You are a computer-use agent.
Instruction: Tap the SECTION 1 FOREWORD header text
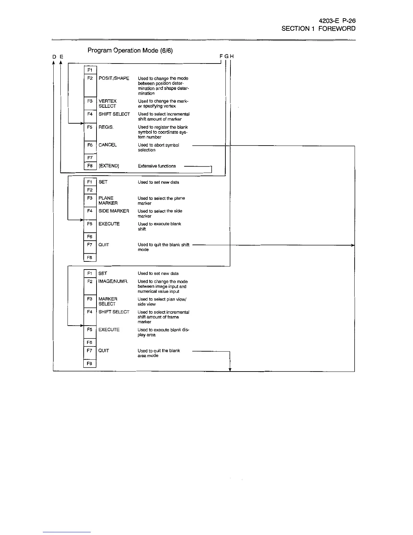(x=318, y=29)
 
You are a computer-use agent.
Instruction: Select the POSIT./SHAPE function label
(x=114, y=78)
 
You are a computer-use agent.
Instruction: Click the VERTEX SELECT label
(x=108, y=103)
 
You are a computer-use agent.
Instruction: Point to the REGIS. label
(x=106, y=127)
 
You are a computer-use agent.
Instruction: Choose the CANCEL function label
(x=108, y=145)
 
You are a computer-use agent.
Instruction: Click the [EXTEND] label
(x=109, y=166)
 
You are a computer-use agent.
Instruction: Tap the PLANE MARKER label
(x=108, y=201)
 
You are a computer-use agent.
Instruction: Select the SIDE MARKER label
(x=114, y=211)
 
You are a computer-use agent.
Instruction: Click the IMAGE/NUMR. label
(x=113, y=281)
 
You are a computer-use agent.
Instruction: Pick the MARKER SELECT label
(x=108, y=301)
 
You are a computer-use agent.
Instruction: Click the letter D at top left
(x=54, y=57)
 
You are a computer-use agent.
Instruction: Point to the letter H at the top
(x=232, y=56)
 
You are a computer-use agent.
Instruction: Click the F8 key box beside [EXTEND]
(x=90, y=166)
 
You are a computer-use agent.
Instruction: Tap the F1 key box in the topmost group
(x=90, y=70)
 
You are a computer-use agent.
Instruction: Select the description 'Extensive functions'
(x=157, y=166)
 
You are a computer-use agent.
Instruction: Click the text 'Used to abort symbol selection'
(x=158, y=148)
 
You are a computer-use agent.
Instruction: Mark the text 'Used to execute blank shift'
(x=159, y=226)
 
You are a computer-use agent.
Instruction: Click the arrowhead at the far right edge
(x=353, y=245)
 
